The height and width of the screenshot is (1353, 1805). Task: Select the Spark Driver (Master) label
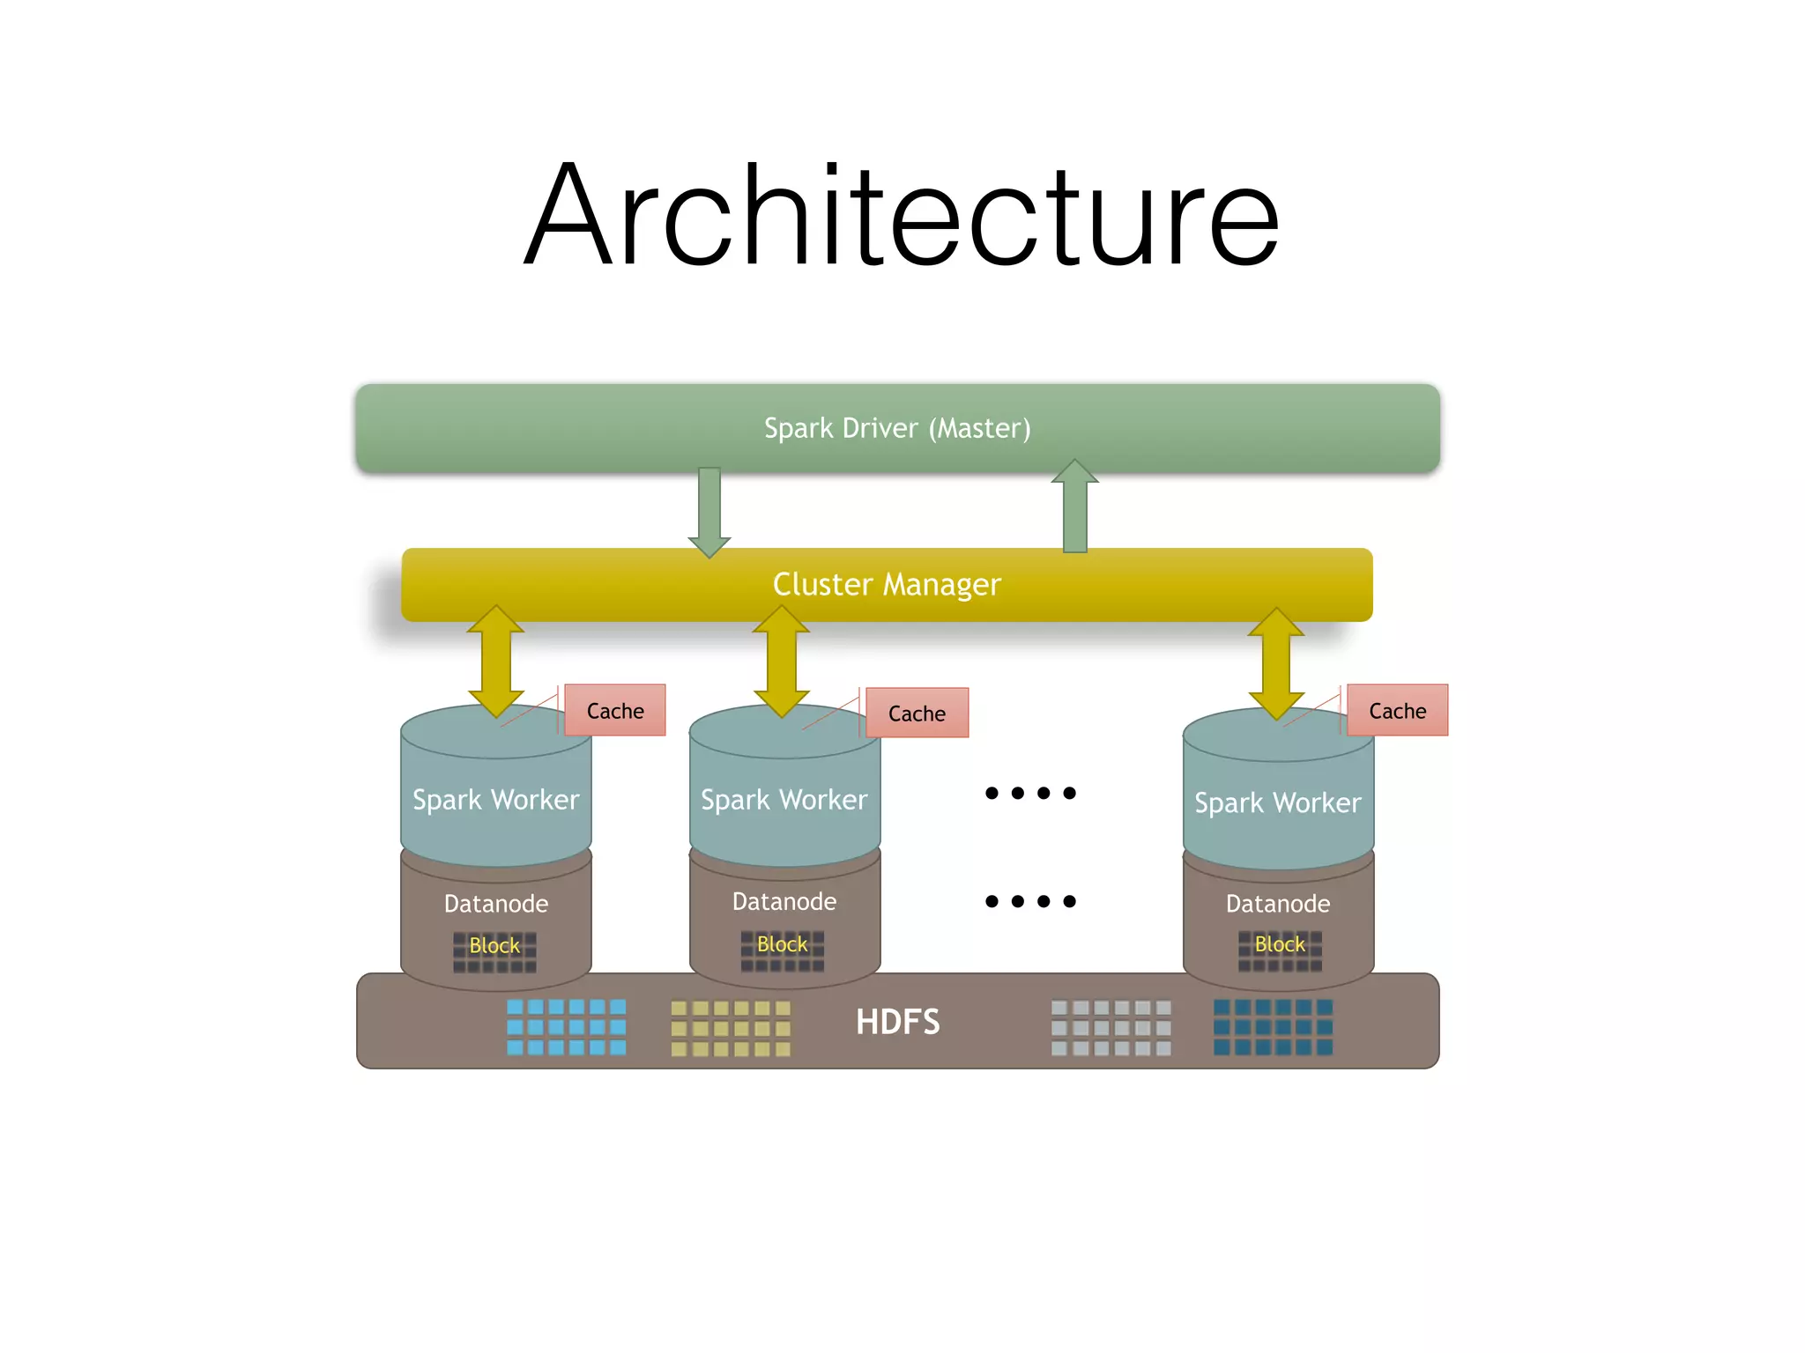pyautogui.click(x=897, y=428)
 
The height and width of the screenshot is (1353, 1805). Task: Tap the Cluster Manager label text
pyautogui.click(x=887, y=584)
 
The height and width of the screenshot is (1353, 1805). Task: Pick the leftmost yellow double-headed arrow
pyautogui.click(x=496, y=661)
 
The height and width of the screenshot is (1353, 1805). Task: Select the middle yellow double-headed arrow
pyautogui.click(x=782, y=661)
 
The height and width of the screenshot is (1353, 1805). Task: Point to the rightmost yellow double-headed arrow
pyautogui.click(x=1276, y=662)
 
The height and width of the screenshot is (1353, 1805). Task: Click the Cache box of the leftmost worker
pyautogui.click(x=615, y=710)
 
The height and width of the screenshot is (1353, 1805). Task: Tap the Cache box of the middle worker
pyautogui.click(x=917, y=713)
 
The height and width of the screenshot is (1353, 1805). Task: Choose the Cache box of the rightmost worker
pyautogui.click(x=1397, y=710)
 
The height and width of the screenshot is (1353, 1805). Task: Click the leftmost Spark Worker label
pyautogui.click(x=496, y=800)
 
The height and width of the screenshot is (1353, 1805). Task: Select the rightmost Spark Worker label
pyautogui.click(x=1278, y=802)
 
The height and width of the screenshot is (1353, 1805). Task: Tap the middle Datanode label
pyautogui.click(x=784, y=901)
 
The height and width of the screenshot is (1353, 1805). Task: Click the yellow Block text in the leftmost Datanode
pyautogui.click(x=494, y=945)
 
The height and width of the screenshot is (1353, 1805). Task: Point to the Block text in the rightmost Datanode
pyautogui.click(x=1280, y=944)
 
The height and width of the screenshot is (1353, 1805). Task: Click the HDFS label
pyautogui.click(x=898, y=1022)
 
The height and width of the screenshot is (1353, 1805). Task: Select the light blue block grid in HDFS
pyautogui.click(x=567, y=1027)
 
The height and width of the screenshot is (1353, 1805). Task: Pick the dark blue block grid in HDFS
pyautogui.click(x=1273, y=1027)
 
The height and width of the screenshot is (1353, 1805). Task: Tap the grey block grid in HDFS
pyautogui.click(x=1111, y=1027)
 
